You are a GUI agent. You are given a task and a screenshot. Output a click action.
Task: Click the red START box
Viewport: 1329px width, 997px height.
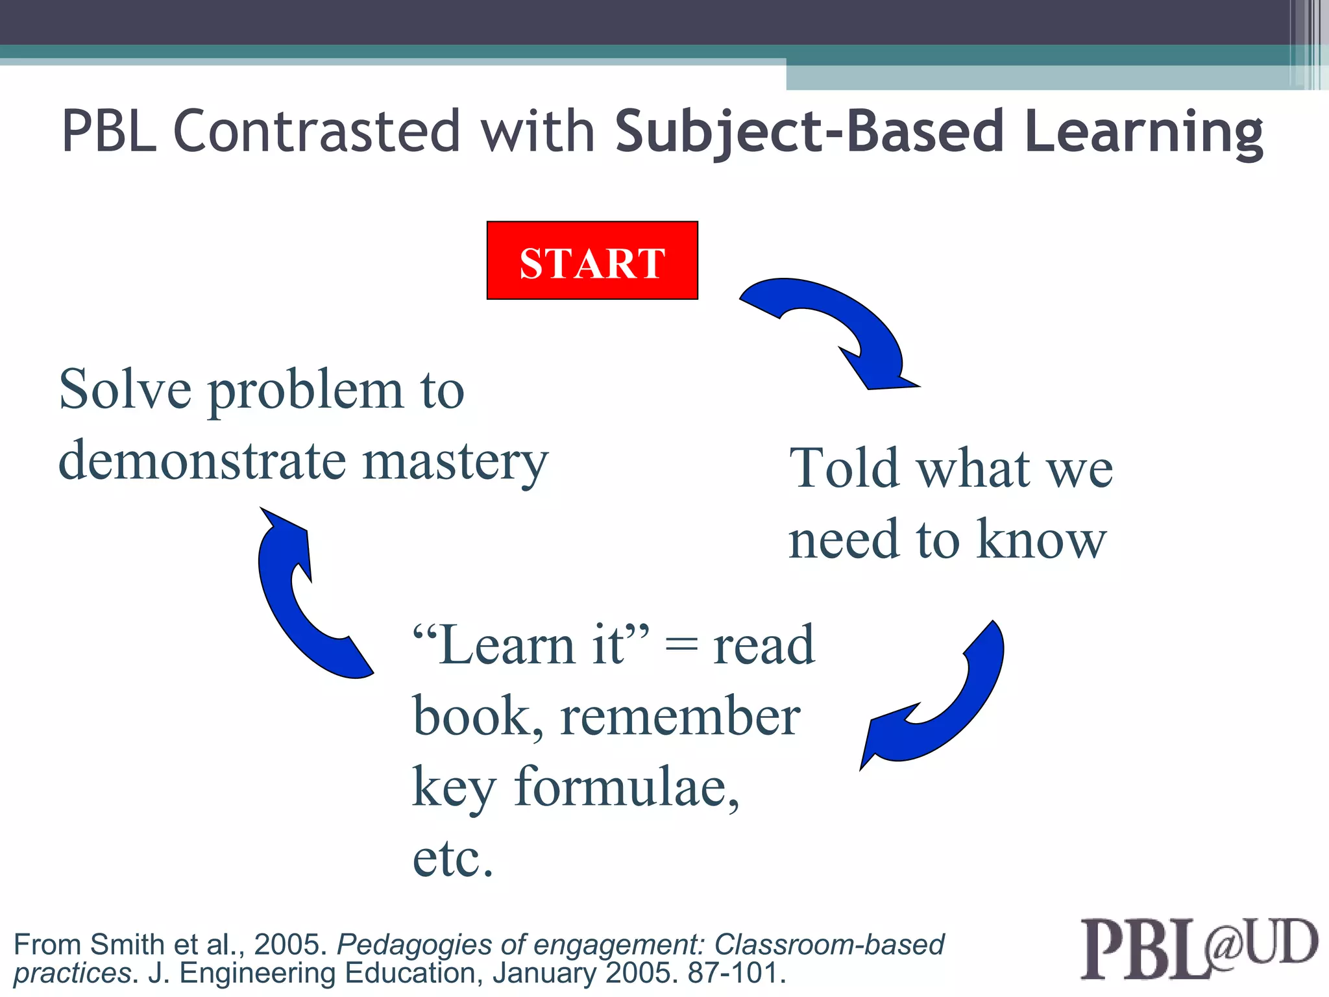592,260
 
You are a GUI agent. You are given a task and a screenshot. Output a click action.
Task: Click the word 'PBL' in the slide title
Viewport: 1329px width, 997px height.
109,132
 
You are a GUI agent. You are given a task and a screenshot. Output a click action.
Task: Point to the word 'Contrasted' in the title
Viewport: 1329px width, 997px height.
316,132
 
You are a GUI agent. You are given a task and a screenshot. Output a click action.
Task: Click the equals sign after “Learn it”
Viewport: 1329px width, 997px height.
681,646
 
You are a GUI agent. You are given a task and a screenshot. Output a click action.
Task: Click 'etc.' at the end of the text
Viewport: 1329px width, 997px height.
453,858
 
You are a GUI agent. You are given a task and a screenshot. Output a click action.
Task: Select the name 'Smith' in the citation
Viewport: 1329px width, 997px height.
128,944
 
